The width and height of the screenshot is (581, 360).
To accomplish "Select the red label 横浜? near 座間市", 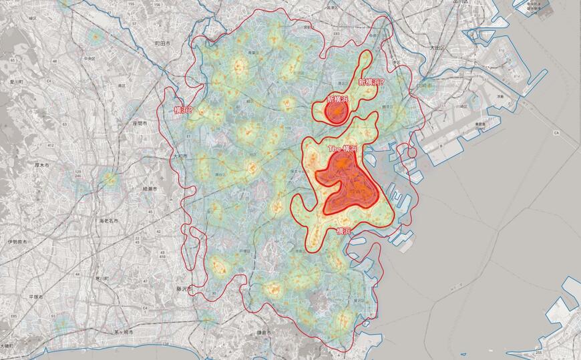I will (x=182, y=110).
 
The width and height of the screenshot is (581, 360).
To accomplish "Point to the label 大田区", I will (x=437, y=48).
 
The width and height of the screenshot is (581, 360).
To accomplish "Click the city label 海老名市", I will (x=108, y=220).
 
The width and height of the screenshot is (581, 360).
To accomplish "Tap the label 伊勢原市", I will (x=17, y=242).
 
